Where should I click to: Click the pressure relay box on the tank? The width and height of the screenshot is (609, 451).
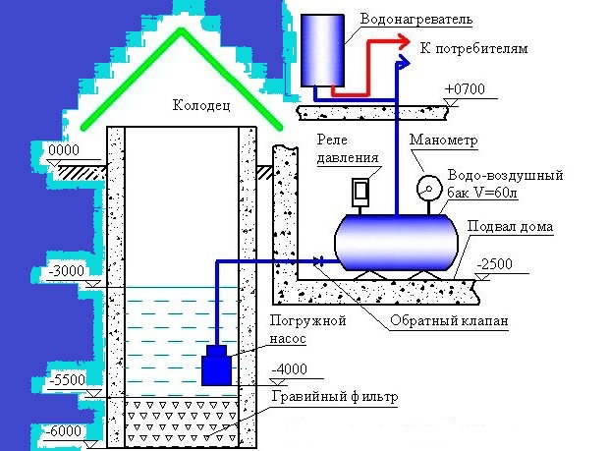[360, 190]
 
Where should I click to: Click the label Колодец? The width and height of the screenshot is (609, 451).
[201, 105]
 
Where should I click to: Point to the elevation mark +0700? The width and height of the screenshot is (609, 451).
[465, 89]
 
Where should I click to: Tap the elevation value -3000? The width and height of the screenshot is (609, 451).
[68, 270]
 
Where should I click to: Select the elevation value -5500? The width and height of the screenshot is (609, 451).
[68, 379]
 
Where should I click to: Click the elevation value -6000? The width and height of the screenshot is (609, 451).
[68, 430]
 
